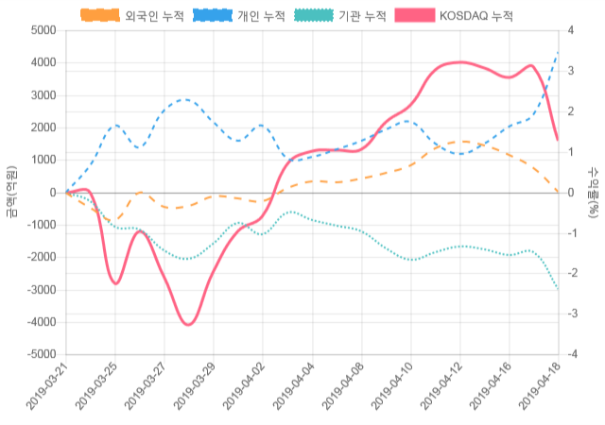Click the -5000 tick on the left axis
point(41,355)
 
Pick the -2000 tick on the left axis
point(41,258)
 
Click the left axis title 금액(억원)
point(10,193)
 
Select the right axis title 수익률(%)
point(594,193)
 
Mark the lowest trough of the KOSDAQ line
point(189,325)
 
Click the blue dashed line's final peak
point(558,53)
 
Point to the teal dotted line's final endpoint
point(558,288)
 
